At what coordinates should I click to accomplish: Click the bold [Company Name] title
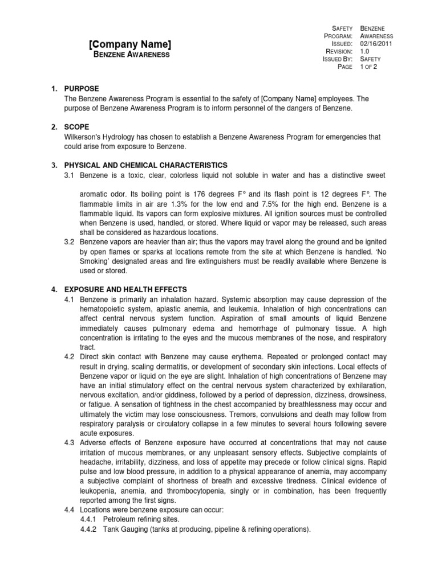click(x=130, y=44)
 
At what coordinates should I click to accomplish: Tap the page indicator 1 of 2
click(x=368, y=67)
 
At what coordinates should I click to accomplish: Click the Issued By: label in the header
click(x=338, y=59)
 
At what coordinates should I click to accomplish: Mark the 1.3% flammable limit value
click(x=180, y=203)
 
